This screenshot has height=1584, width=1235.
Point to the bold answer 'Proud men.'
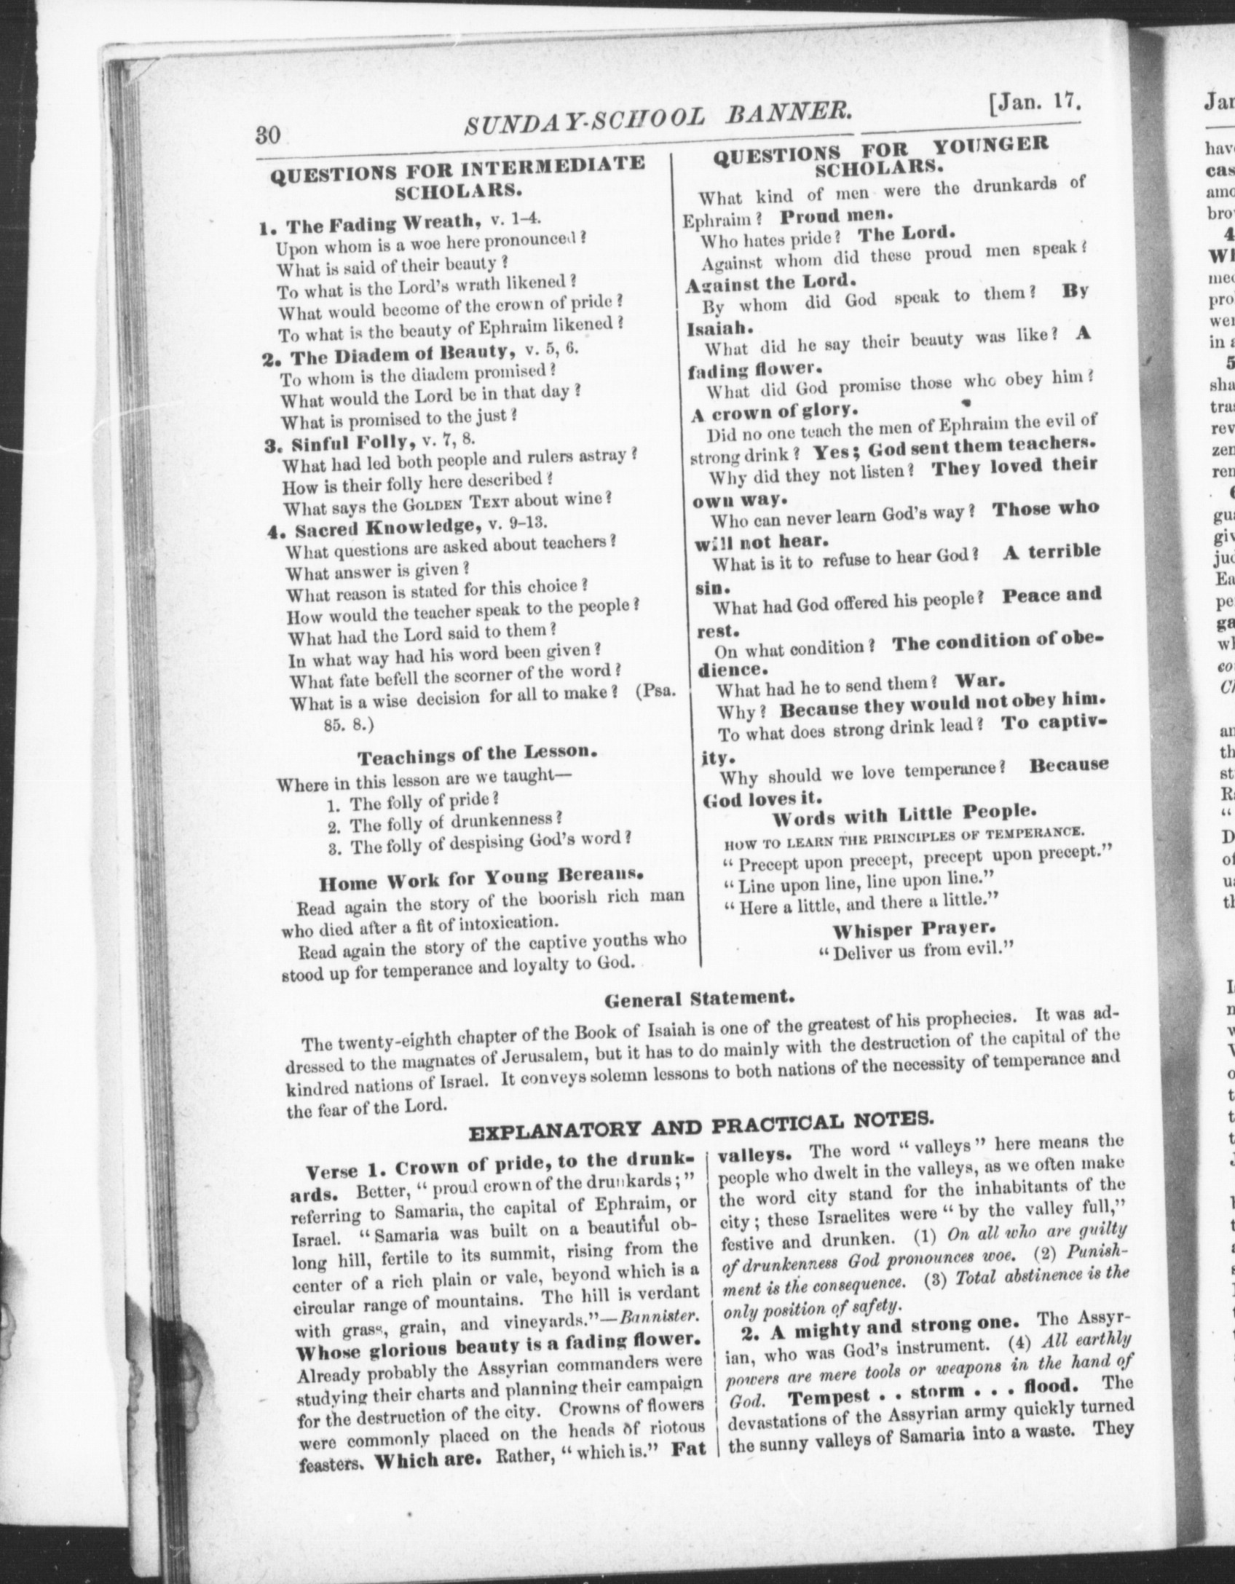pos(835,216)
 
